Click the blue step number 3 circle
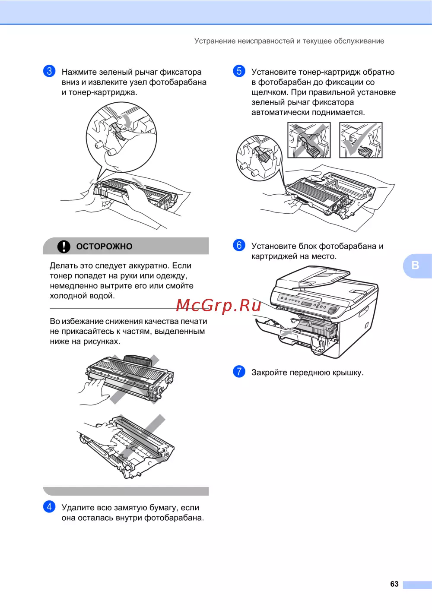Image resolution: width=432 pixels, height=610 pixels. [x=49, y=71]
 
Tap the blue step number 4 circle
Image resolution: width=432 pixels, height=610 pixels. [x=49, y=506]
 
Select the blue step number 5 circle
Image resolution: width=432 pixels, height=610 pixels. [x=239, y=71]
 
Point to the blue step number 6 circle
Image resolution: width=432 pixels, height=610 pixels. [x=239, y=245]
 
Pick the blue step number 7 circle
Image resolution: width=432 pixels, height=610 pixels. [x=239, y=371]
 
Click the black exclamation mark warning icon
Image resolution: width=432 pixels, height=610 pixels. [x=64, y=247]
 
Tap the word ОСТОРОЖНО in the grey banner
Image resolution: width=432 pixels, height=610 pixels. [x=105, y=247]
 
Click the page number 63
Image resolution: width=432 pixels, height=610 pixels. [x=394, y=584]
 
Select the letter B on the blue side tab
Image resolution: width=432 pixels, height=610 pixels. [x=415, y=265]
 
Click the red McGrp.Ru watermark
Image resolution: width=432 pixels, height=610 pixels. [x=219, y=306]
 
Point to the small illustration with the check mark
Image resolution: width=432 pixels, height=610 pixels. [x=361, y=140]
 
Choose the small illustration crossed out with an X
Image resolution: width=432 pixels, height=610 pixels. [x=309, y=140]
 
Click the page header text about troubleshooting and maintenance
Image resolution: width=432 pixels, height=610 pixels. [x=289, y=41]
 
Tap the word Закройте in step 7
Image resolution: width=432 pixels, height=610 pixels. [x=269, y=373]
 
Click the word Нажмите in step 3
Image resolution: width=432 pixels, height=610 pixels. [x=79, y=72]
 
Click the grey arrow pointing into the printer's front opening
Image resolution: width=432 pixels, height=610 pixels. [x=286, y=332]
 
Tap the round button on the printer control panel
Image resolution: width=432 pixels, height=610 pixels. [x=333, y=310]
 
